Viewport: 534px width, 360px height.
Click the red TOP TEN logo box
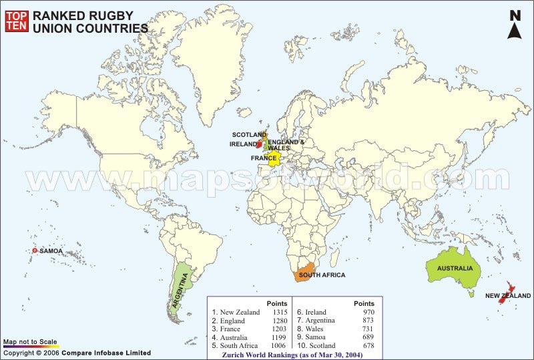[x=17, y=21]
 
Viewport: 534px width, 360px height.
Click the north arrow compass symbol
[x=515, y=25]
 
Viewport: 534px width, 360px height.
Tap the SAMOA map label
[x=51, y=251]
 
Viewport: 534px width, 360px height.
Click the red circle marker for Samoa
[x=35, y=251]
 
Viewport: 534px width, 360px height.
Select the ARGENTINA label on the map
[x=182, y=288]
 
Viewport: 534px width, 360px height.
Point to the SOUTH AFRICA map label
[x=322, y=275]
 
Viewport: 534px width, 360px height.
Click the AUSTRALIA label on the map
[x=455, y=268]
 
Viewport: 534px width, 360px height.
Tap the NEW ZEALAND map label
[x=508, y=295]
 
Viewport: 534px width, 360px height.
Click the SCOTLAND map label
[x=249, y=135]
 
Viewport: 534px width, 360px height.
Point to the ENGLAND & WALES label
[x=286, y=145]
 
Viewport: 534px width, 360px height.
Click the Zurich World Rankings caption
[x=294, y=355]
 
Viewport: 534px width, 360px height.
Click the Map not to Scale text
[x=30, y=341]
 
